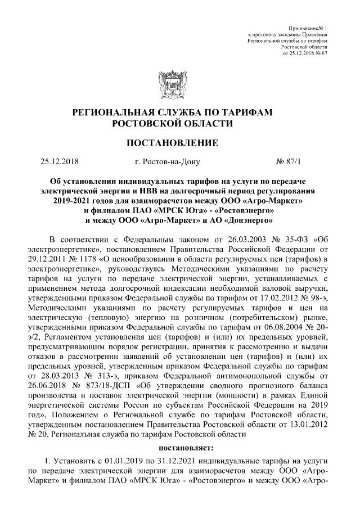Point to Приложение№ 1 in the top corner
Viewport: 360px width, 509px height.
308,28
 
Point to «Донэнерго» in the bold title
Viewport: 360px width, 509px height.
247,220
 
